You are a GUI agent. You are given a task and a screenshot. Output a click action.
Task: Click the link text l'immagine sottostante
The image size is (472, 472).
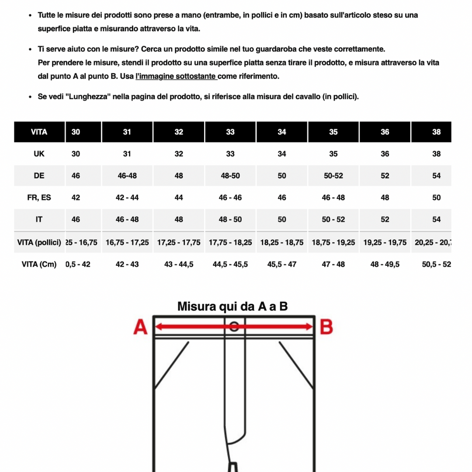pos(176,76)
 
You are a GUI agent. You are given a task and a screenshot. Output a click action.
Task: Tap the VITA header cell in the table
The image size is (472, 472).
pos(39,132)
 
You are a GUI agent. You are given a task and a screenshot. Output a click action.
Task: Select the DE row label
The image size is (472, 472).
pos(39,176)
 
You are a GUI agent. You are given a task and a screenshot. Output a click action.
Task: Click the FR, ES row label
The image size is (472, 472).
pos(39,198)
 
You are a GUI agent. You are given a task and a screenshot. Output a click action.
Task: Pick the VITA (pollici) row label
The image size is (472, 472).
pos(39,242)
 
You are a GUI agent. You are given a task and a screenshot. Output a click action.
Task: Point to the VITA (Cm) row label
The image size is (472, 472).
pos(39,264)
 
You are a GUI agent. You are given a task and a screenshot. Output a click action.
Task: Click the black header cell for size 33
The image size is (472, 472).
pos(230,132)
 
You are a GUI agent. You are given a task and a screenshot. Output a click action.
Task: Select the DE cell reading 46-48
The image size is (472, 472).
pos(127,176)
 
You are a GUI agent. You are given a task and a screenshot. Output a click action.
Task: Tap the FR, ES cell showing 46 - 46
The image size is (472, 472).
pos(230,198)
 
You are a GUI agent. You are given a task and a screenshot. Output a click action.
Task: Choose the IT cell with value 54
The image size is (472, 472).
pos(436,219)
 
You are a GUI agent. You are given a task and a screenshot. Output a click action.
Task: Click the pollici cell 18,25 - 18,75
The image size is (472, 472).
pos(282,242)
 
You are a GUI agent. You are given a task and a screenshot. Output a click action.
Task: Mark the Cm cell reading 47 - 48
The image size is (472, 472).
pos(333,264)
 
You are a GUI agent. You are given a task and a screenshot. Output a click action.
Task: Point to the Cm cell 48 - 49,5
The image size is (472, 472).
pos(385,264)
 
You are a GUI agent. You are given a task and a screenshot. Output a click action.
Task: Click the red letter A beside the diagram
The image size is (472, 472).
pos(140,327)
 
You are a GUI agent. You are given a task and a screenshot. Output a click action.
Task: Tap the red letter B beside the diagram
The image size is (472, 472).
pos(326,327)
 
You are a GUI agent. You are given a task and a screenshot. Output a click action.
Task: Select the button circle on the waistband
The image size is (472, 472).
pos(234,326)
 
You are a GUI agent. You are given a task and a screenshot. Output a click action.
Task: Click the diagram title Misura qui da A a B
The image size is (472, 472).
pos(233,306)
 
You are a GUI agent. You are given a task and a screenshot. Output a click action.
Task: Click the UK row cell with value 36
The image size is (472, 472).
pos(385,154)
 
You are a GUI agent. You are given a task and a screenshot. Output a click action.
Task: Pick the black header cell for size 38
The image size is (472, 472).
pos(436,132)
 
